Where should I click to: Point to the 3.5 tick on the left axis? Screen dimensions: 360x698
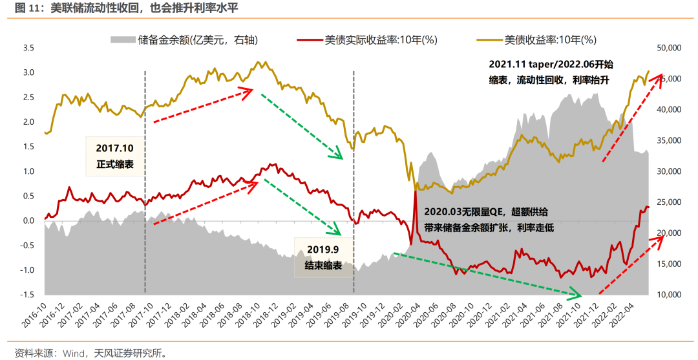(x=28, y=48)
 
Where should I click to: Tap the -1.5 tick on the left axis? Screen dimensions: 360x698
(x=26, y=295)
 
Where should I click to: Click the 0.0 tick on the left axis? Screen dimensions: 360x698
(x=28, y=220)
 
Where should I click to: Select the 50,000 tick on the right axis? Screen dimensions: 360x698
(x=670, y=48)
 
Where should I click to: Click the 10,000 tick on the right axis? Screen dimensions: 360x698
(x=670, y=295)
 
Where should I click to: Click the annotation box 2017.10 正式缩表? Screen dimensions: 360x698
(x=116, y=156)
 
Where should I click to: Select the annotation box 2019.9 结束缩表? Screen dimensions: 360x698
(x=323, y=257)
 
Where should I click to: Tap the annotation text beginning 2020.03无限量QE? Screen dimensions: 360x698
(x=489, y=220)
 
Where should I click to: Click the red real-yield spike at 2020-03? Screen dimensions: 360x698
(x=414, y=192)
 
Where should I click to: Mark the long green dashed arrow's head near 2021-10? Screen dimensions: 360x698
(x=582, y=297)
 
